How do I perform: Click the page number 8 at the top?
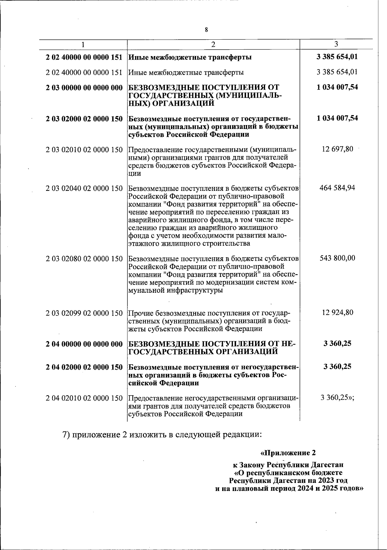[206, 30]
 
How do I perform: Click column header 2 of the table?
[213, 44]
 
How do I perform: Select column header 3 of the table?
[336, 44]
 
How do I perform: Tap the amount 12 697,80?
[337, 149]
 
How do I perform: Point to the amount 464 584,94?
[337, 188]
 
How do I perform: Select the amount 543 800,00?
[337, 258]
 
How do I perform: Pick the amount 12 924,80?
[337, 312]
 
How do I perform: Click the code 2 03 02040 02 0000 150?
[84, 188]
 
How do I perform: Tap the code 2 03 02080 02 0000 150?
[84, 259]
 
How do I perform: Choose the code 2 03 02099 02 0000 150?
[84, 313]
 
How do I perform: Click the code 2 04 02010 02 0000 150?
[84, 398]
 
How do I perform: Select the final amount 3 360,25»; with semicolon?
[337, 398]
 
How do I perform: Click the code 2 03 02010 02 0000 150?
[84, 150]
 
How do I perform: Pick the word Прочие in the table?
[141, 313]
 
